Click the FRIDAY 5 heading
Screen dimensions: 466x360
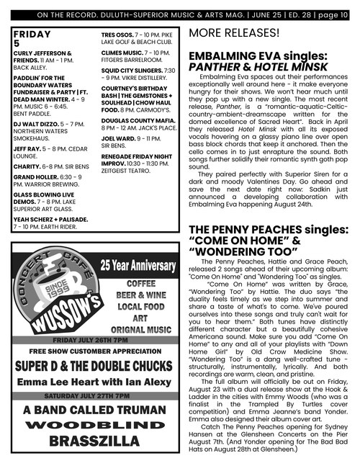tap(32, 38)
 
